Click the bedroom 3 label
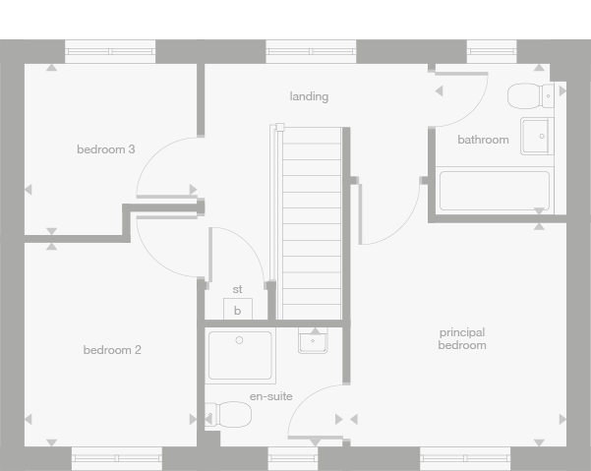pos(106,149)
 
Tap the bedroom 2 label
pos(112,350)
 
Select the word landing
pos(309,96)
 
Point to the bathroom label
pos(483,140)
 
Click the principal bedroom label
pos(462,338)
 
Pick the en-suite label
pos(270,396)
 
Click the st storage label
pos(237,289)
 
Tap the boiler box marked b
pos(237,310)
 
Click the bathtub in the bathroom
pos(494,191)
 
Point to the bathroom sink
pos(537,136)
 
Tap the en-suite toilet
pos(230,414)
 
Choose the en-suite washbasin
pos(314,341)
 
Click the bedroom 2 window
pos(117,457)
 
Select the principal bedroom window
pos(465,457)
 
